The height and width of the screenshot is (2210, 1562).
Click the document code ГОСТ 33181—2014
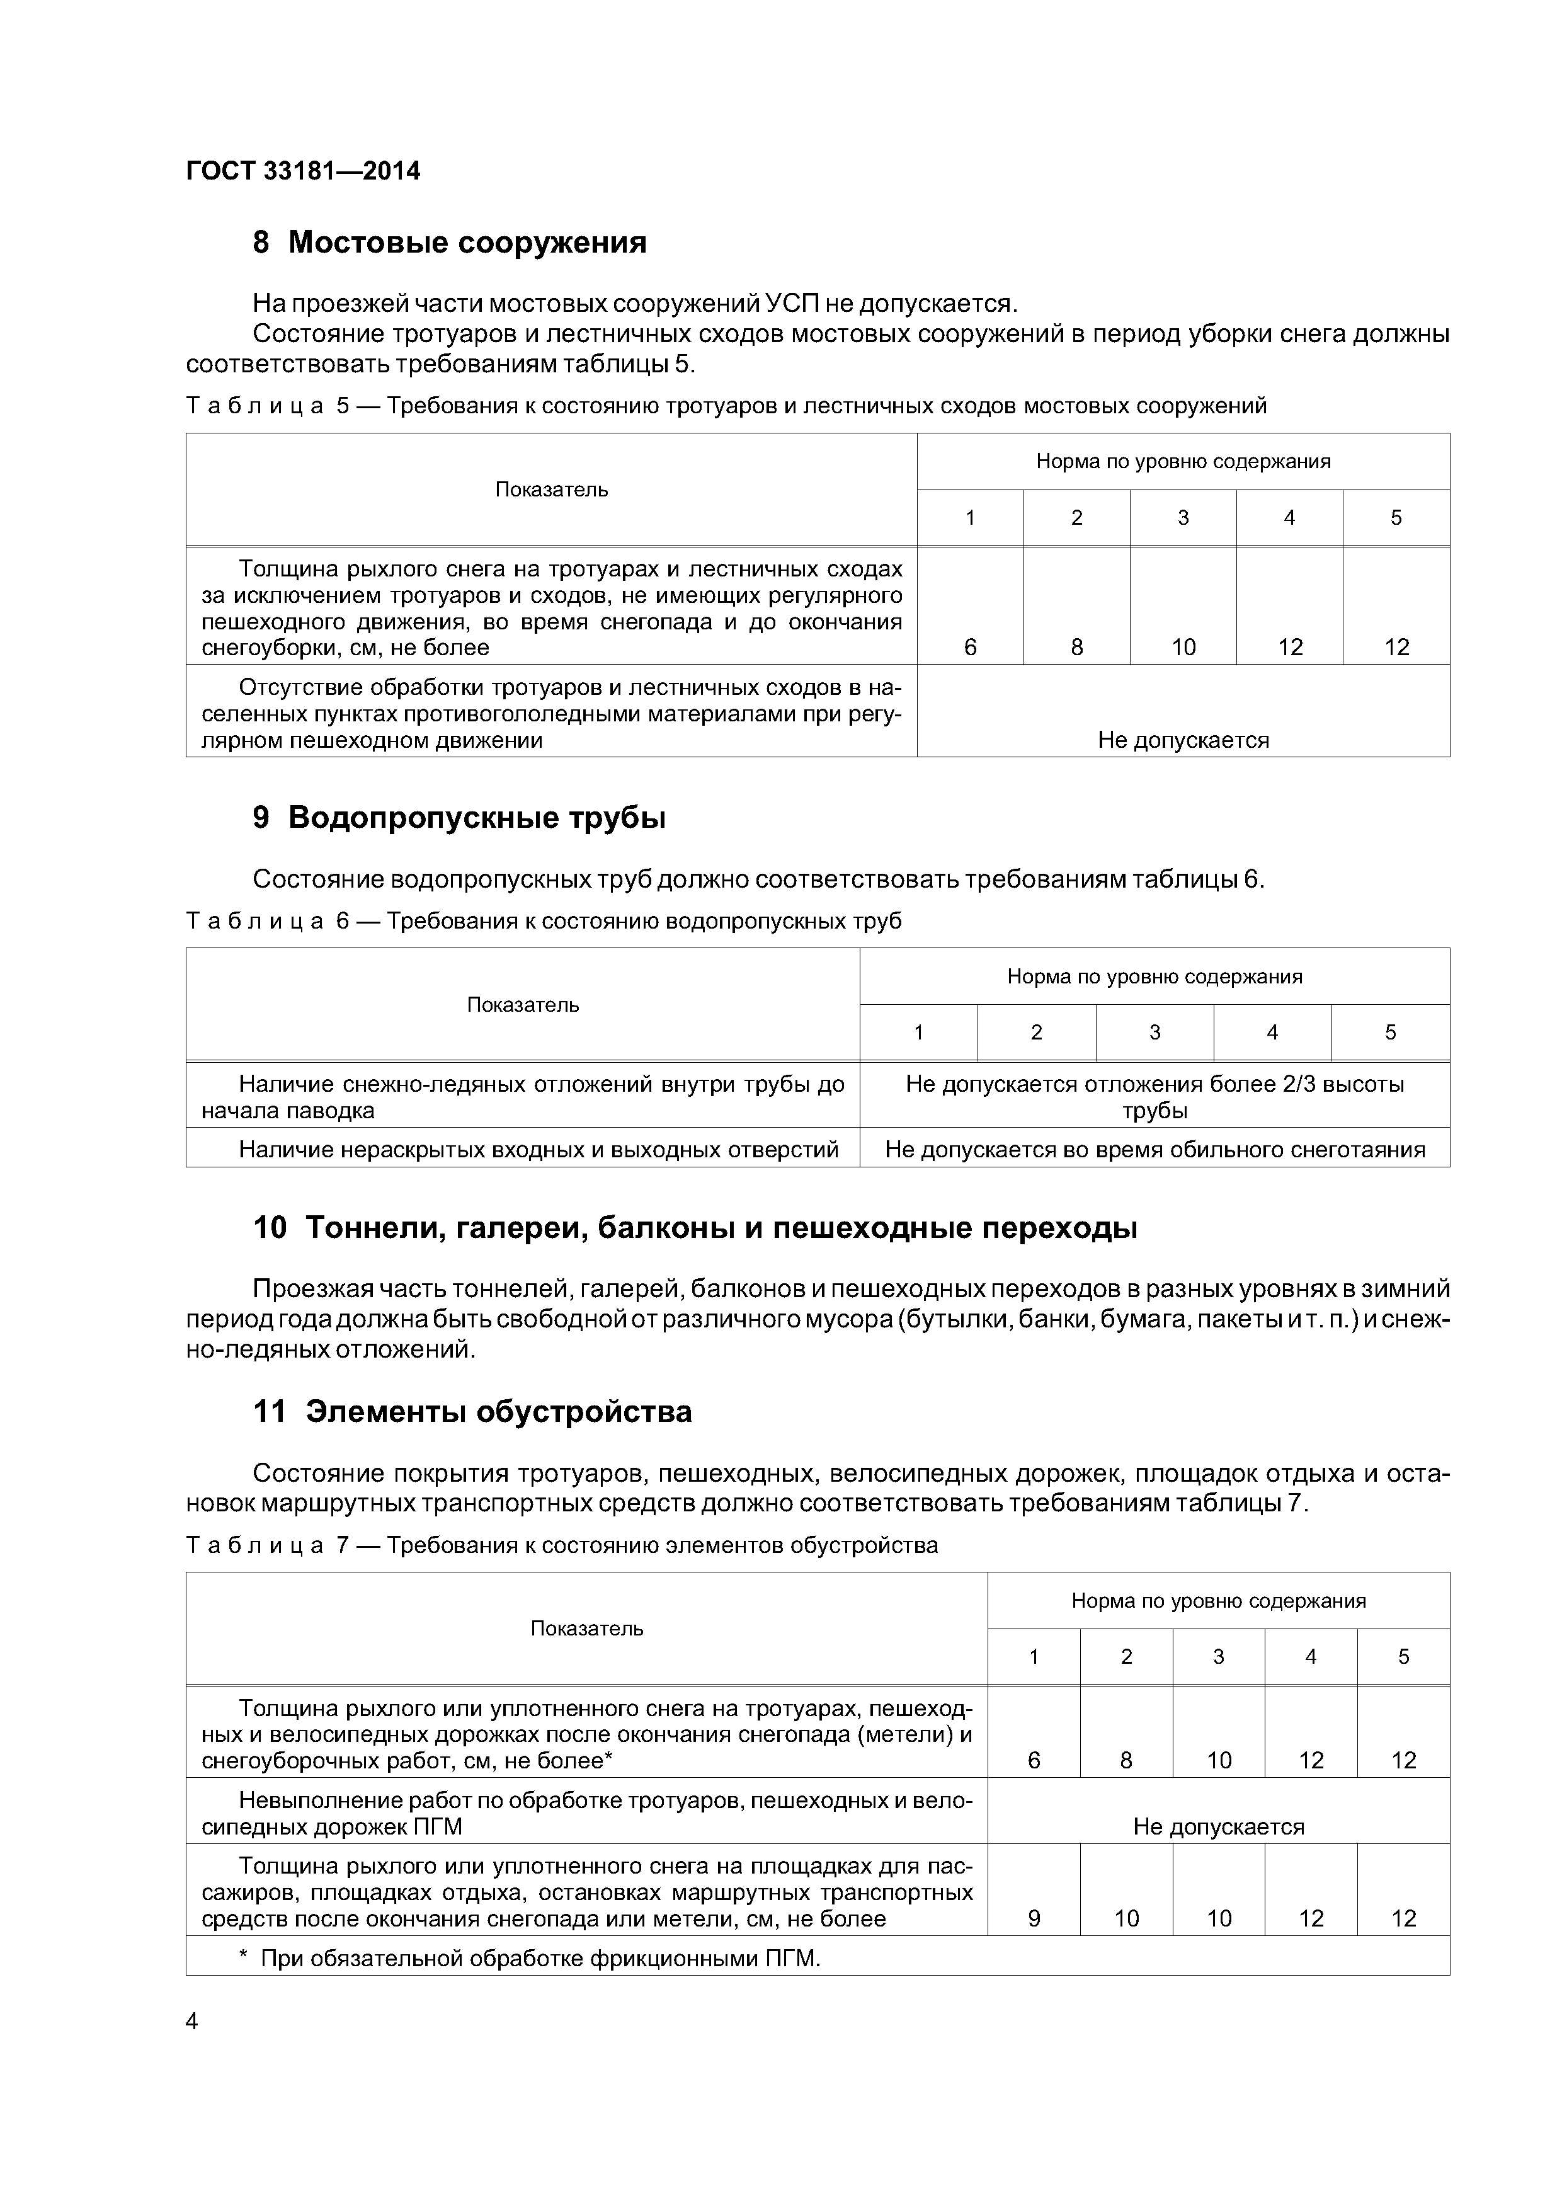tap(303, 171)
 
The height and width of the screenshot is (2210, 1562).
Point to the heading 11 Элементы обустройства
tap(472, 1411)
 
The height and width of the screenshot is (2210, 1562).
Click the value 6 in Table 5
tap(969, 647)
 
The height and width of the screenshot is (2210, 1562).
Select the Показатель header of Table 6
tap(523, 1004)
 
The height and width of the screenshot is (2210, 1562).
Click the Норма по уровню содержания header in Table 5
tap(1183, 461)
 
